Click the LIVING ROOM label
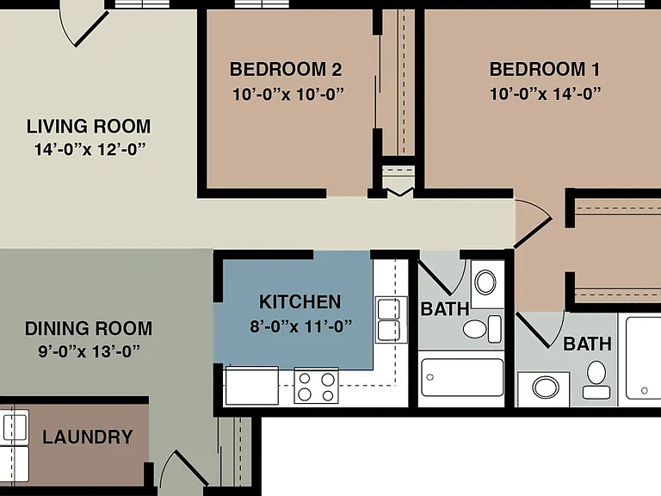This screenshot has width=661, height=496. coord(89,126)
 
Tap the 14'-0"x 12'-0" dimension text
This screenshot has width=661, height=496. coord(90,149)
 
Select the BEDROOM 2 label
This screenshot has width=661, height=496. coord(286,69)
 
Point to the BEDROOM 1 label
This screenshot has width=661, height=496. coord(544,69)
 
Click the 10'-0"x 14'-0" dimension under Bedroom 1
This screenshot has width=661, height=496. coord(545,94)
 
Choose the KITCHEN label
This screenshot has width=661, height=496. coord(300,302)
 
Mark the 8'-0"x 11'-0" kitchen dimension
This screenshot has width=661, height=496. coord(300,326)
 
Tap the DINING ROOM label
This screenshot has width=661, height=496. coord(89,329)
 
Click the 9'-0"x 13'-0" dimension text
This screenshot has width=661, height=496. coord(89,351)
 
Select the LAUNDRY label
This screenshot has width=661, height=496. coord(88,437)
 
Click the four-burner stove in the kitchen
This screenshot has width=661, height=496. coord(316,386)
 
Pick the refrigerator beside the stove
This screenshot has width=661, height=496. coord(252,386)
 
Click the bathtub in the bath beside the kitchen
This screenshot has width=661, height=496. coord(462,377)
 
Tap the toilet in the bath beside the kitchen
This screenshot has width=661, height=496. coord(482,329)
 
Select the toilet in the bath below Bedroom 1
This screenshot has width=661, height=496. coord(596,380)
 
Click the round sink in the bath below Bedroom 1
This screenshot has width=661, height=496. coord(546,387)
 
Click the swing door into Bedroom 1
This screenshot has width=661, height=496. coord(533,224)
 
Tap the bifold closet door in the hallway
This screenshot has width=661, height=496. coord(399,192)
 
